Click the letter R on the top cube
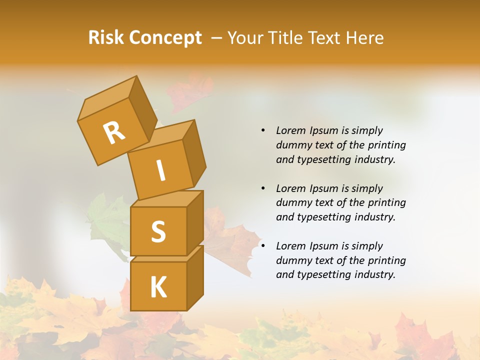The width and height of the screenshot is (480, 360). point(114,132)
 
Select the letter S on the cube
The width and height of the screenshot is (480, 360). point(158,231)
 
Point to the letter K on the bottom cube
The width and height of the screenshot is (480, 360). point(158,287)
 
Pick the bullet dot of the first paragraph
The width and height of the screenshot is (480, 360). point(263,130)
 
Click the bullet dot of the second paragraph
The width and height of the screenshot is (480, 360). point(263,188)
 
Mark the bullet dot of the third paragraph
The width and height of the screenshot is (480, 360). point(263,246)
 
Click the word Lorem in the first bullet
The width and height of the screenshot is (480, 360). point(290,130)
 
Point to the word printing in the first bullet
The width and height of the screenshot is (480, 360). point(386,145)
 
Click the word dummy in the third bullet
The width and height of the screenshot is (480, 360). point(292,260)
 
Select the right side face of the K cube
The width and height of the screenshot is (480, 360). point(195,277)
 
